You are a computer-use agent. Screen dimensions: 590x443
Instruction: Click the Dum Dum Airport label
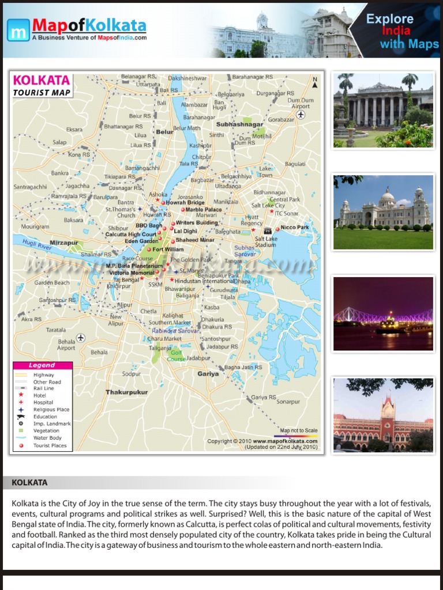point(301,103)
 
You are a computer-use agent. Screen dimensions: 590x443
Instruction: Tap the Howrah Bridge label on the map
point(185,203)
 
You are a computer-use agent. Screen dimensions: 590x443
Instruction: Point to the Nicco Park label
point(295,228)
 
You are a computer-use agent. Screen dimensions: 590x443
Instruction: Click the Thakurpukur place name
point(126,392)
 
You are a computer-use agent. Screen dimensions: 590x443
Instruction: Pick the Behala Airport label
point(66,345)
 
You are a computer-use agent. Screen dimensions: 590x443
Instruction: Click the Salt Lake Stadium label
point(266,241)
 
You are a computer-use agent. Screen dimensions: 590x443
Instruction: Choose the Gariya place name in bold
point(208,373)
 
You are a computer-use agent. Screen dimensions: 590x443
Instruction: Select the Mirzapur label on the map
point(63,243)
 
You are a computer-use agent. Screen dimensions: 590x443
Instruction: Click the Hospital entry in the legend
point(43,403)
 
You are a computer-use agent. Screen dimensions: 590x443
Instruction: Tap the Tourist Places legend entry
point(50,445)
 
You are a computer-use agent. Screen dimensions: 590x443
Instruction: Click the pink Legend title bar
point(43,365)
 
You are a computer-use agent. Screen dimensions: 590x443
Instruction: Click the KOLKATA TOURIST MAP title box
point(42,85)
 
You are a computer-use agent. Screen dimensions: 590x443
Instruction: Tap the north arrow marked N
point(314,82)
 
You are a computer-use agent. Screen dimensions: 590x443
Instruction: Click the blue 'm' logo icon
point(18,29)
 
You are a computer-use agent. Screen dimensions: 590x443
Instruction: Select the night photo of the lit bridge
point(383,314)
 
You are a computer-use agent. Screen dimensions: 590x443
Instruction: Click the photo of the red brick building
point(383,415)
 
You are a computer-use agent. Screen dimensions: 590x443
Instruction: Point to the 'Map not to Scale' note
point(298,430)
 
